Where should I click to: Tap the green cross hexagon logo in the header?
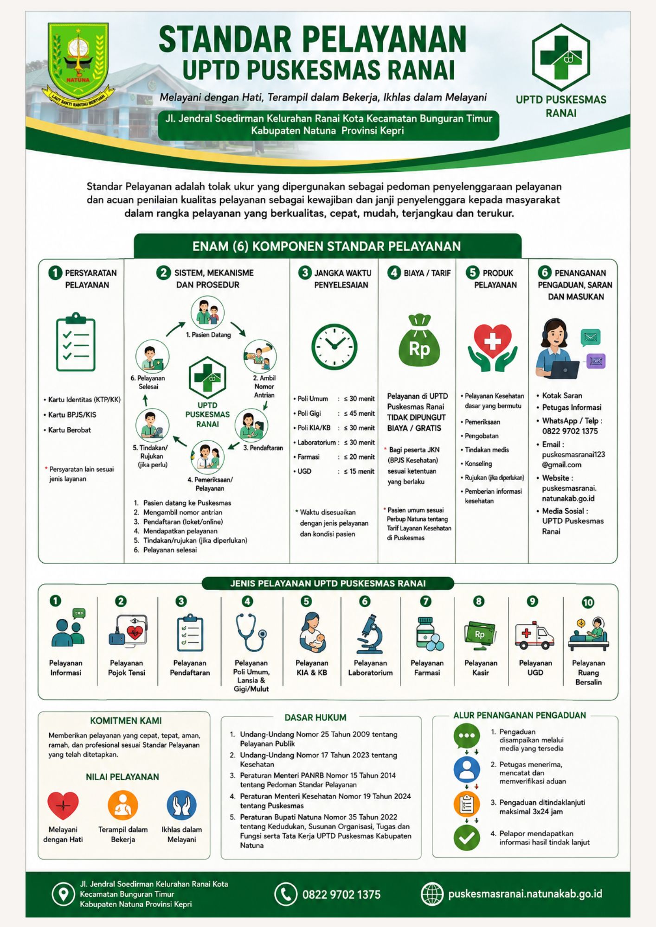click(561, 57)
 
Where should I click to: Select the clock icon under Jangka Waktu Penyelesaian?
click(334, 347)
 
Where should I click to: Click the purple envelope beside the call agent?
click(596, 361)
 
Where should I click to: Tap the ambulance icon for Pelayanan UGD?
click(535, 635)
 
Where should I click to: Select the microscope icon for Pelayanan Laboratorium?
click(370, 633)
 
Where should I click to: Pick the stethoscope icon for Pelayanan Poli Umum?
click(251, 633)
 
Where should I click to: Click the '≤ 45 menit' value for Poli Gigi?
click(359, 413)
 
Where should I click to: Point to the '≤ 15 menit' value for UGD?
click(359, 471)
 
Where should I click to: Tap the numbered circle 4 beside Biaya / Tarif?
click(394, 273)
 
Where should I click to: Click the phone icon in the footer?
click(285, 894)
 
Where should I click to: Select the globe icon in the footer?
click(432, 894)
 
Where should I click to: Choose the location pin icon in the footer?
click(63, 894)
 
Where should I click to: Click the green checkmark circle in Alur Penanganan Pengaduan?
click(466, 838)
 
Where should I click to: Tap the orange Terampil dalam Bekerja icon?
click(123, 806)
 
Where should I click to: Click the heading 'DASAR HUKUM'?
click(315, 717)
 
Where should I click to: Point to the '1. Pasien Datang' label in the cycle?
click(208, 335)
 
